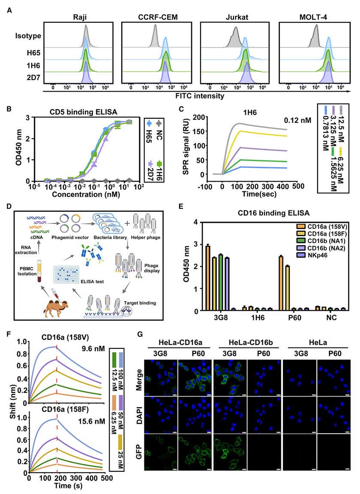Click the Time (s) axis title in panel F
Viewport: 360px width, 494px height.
(65, 487)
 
